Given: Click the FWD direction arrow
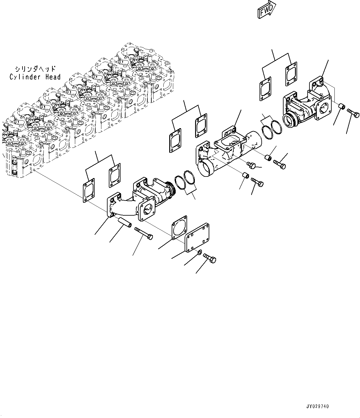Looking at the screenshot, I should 266,11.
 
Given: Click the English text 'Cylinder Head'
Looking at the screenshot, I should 35,77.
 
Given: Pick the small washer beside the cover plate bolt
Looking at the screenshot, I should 199,253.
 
